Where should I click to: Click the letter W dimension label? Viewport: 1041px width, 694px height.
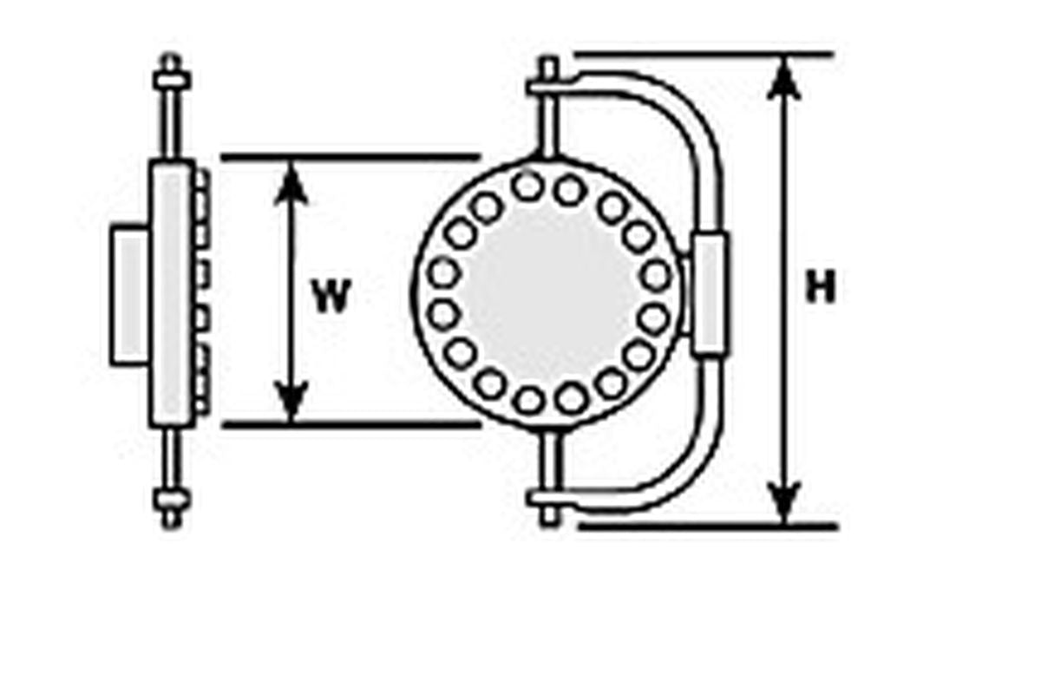[x=331, y=296]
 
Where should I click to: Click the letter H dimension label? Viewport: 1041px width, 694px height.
[x=821, y=287]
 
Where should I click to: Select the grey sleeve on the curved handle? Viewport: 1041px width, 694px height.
[x=710, y=294]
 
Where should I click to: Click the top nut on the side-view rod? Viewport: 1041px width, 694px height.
[x=172, y=81]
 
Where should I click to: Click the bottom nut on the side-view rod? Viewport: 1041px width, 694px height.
[x=172, y=499]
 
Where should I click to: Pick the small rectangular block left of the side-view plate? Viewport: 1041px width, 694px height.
[x=130, y=295]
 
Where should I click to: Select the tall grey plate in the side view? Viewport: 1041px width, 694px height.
[x=172, y=293]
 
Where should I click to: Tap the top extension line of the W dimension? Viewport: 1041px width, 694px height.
[x=350, y=157]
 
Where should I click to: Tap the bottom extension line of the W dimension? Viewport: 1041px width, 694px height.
[x=350, y=424]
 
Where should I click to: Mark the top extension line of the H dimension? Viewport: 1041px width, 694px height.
[x=704, y=55]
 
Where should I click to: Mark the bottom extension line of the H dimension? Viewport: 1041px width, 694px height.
[x=709, y=527]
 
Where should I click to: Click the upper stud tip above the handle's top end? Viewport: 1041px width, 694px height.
[x=549, y=69]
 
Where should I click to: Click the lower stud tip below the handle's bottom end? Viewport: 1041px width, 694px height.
[x=549, y=516]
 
